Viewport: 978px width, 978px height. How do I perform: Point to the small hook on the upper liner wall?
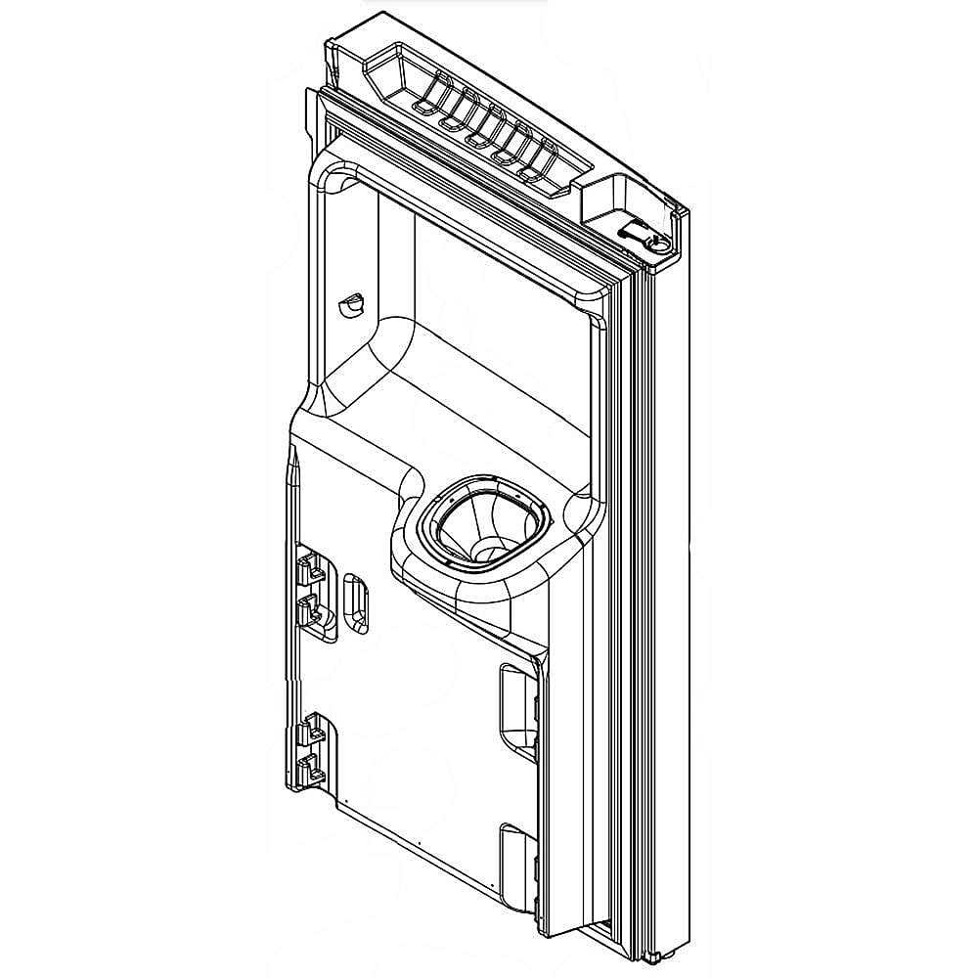(348, 304)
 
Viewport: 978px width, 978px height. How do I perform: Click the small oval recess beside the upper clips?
(354, 601)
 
